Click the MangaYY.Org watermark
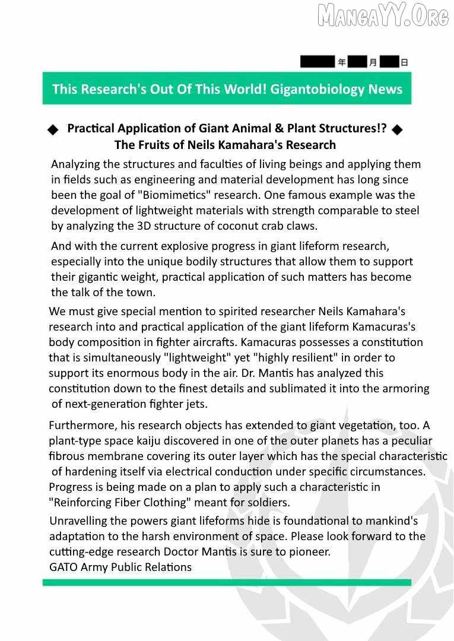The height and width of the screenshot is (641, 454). click(383, 16)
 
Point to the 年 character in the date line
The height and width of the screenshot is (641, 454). click(342, 62)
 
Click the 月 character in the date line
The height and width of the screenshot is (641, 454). click(373, 62)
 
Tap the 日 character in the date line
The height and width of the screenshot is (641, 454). click(404, 62)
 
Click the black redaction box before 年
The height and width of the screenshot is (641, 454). click(318, 62)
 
